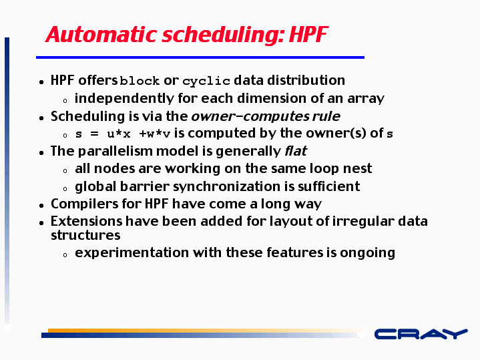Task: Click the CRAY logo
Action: (x=421, y=334)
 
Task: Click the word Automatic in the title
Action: (x=101, y=34)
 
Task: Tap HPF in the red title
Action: (x=308, y=34)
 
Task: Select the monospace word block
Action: (x=140, y=81)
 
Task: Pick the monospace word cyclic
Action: (x=206, y=81)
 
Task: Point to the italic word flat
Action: (x=296, y=151)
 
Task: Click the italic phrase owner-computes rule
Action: (x=266, y=116)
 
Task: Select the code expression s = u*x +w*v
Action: (x=122, y=134)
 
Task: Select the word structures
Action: (x=85, y=235)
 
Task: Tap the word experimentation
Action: (x=132, y=252)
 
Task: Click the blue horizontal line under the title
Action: (x=200, y=57)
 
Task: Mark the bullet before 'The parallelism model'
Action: (x=41, y=152)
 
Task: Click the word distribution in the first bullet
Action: (x=306, y=80)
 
